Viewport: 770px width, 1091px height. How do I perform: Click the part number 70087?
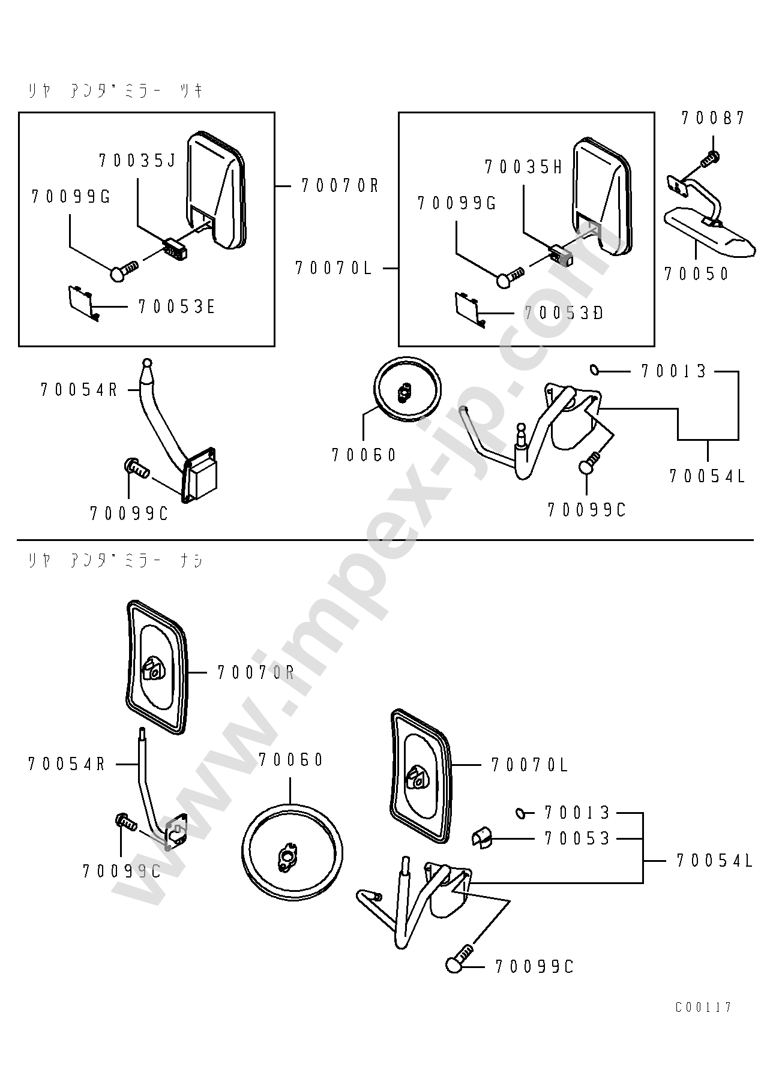[x=713, y=118]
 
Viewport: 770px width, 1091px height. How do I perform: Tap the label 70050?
[x=696, y=274]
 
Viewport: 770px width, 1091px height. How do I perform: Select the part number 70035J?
[x=137, y=161]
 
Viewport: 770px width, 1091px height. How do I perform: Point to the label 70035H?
[x=523, y=167]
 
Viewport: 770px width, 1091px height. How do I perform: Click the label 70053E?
[x=176, y=307]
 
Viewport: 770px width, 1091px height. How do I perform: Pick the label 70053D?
[x=564, y=313]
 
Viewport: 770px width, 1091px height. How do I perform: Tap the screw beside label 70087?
[x=710, y=159]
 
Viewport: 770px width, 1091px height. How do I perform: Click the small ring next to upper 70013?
[x=594, y=370]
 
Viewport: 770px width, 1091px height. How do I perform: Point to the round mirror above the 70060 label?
[x=408, y=390]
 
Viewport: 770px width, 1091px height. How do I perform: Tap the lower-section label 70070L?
[x=529, y=765]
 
